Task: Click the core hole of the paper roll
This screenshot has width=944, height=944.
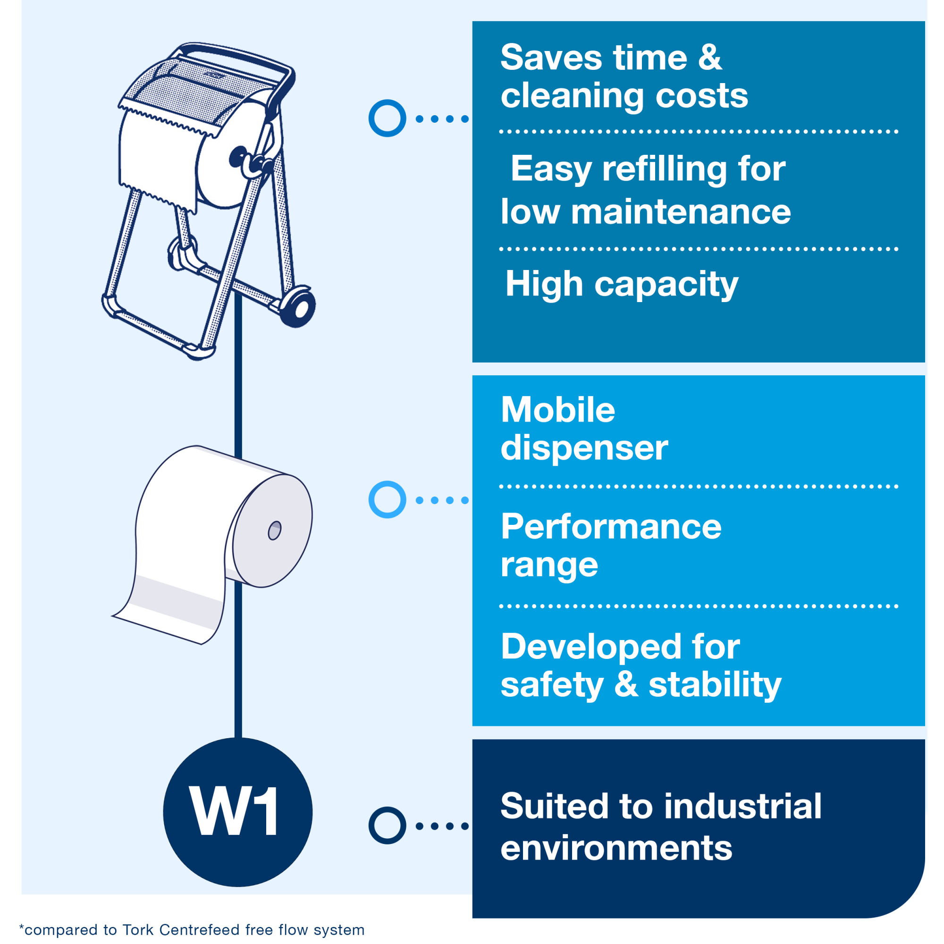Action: (x=275, y=531)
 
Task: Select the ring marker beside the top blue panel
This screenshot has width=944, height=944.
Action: (x=387, y=118)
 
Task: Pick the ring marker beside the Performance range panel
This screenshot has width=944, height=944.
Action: (x=387, y=499)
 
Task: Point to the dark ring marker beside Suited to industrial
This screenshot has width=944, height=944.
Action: (x=387, y=825)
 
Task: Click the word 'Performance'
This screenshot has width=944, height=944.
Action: (x=611, y=527)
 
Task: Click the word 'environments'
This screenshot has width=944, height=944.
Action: (x=616, y=848)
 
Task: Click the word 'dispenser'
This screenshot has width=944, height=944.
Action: (x=584, y=448)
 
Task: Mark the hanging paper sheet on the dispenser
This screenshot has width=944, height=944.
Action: (x=156, y=156)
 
